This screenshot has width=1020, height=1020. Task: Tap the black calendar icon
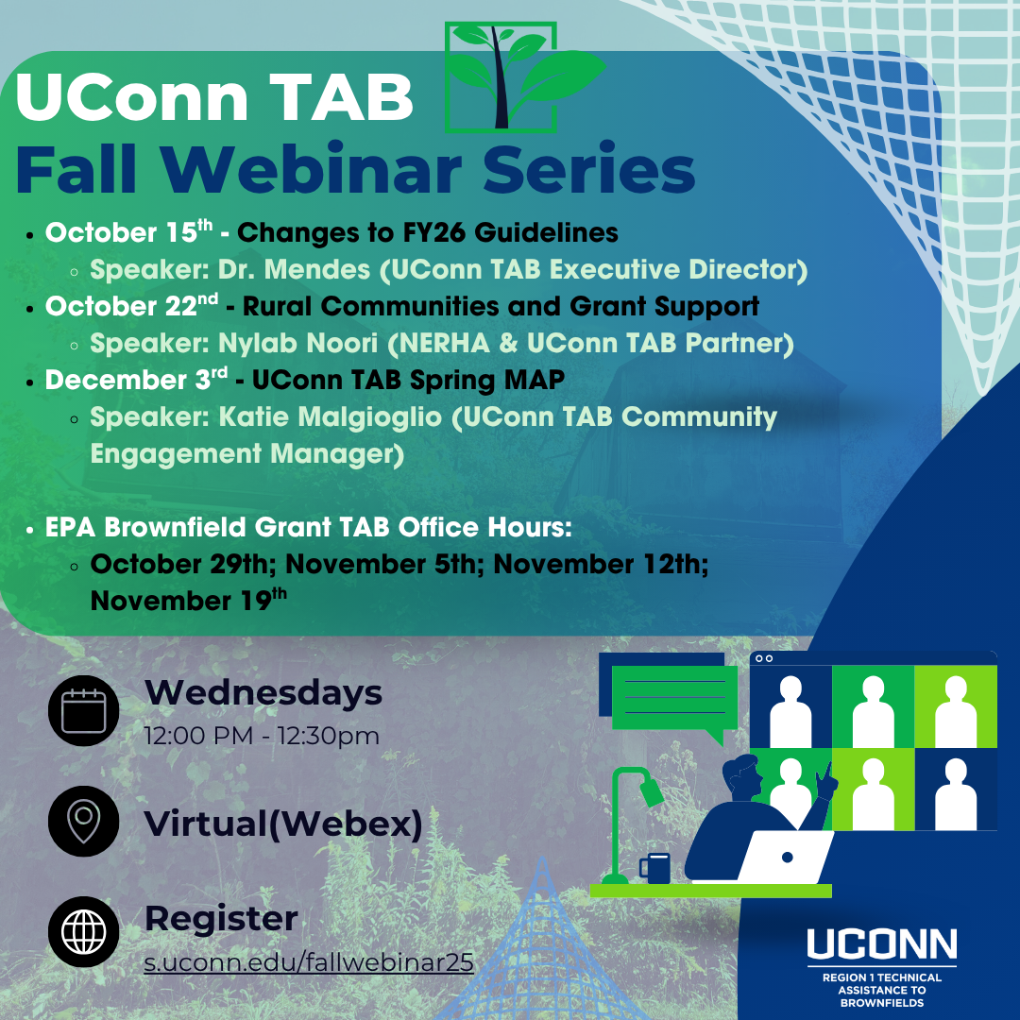(83, 710)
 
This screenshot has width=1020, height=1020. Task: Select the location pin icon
(83, 821)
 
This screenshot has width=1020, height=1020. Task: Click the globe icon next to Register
(83, 931)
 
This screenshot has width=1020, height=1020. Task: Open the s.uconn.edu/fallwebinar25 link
(309, 962)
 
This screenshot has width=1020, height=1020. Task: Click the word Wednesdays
(263, 692)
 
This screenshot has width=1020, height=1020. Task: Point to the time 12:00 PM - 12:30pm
(262, 736)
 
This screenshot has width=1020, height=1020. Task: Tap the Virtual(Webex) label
(283, 824)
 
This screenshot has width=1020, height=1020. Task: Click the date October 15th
(128, 232)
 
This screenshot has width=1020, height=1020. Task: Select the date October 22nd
(131, 306)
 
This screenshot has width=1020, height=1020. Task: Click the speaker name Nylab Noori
(297, 344)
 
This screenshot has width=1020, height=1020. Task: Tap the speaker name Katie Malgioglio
(330, 417)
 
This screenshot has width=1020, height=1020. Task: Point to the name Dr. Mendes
(294, 269)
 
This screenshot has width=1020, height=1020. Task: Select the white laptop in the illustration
(786, 858)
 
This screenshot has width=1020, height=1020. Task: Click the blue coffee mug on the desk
(654, 868)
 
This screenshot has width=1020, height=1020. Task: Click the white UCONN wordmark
(881, 943)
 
